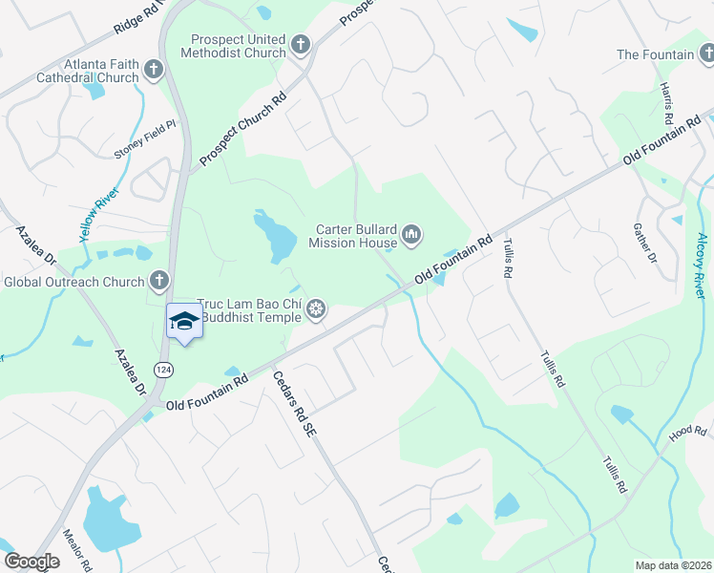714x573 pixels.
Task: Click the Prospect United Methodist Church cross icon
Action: coord(301,45)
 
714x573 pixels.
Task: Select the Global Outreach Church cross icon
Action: coord(159,282)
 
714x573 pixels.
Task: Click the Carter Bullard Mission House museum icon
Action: coord(412,235)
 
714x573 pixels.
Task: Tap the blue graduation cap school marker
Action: coord(184,322)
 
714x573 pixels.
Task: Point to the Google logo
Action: coord(31,562)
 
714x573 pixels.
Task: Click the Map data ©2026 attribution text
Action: coord(674,565)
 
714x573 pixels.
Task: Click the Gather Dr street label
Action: coord(645,244)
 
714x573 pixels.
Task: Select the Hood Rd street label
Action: coord(686,433)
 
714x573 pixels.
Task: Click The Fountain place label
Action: coord(656,54)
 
